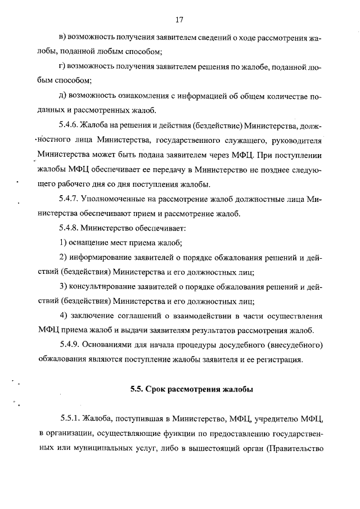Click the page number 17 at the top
(179, 21)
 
